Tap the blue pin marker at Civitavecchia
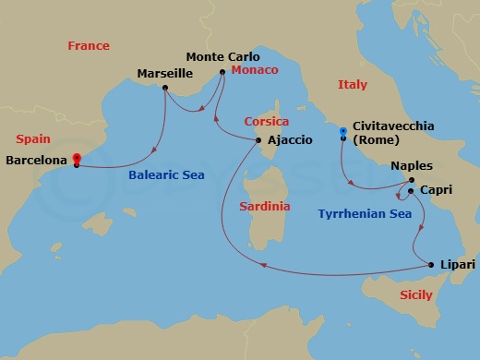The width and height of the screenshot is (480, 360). coord(342,132)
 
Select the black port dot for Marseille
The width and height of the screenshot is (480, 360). coord(164,89)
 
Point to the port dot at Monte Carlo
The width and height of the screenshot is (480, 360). coord(222,71)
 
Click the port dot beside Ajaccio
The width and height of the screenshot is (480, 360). coord(258,139)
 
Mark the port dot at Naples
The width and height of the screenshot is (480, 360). coord(412,180)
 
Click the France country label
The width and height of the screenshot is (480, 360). coord(89,46)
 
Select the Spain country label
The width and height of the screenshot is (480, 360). coord(32,138)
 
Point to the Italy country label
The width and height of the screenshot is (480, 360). coord(352,85)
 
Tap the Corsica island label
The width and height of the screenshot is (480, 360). coord(267,122)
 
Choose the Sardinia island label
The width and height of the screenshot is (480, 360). coord(264,207)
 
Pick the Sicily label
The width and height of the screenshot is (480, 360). coord(417,295)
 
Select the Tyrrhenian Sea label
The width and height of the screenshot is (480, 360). coord(364,213)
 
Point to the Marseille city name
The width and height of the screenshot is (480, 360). coord(165,73)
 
